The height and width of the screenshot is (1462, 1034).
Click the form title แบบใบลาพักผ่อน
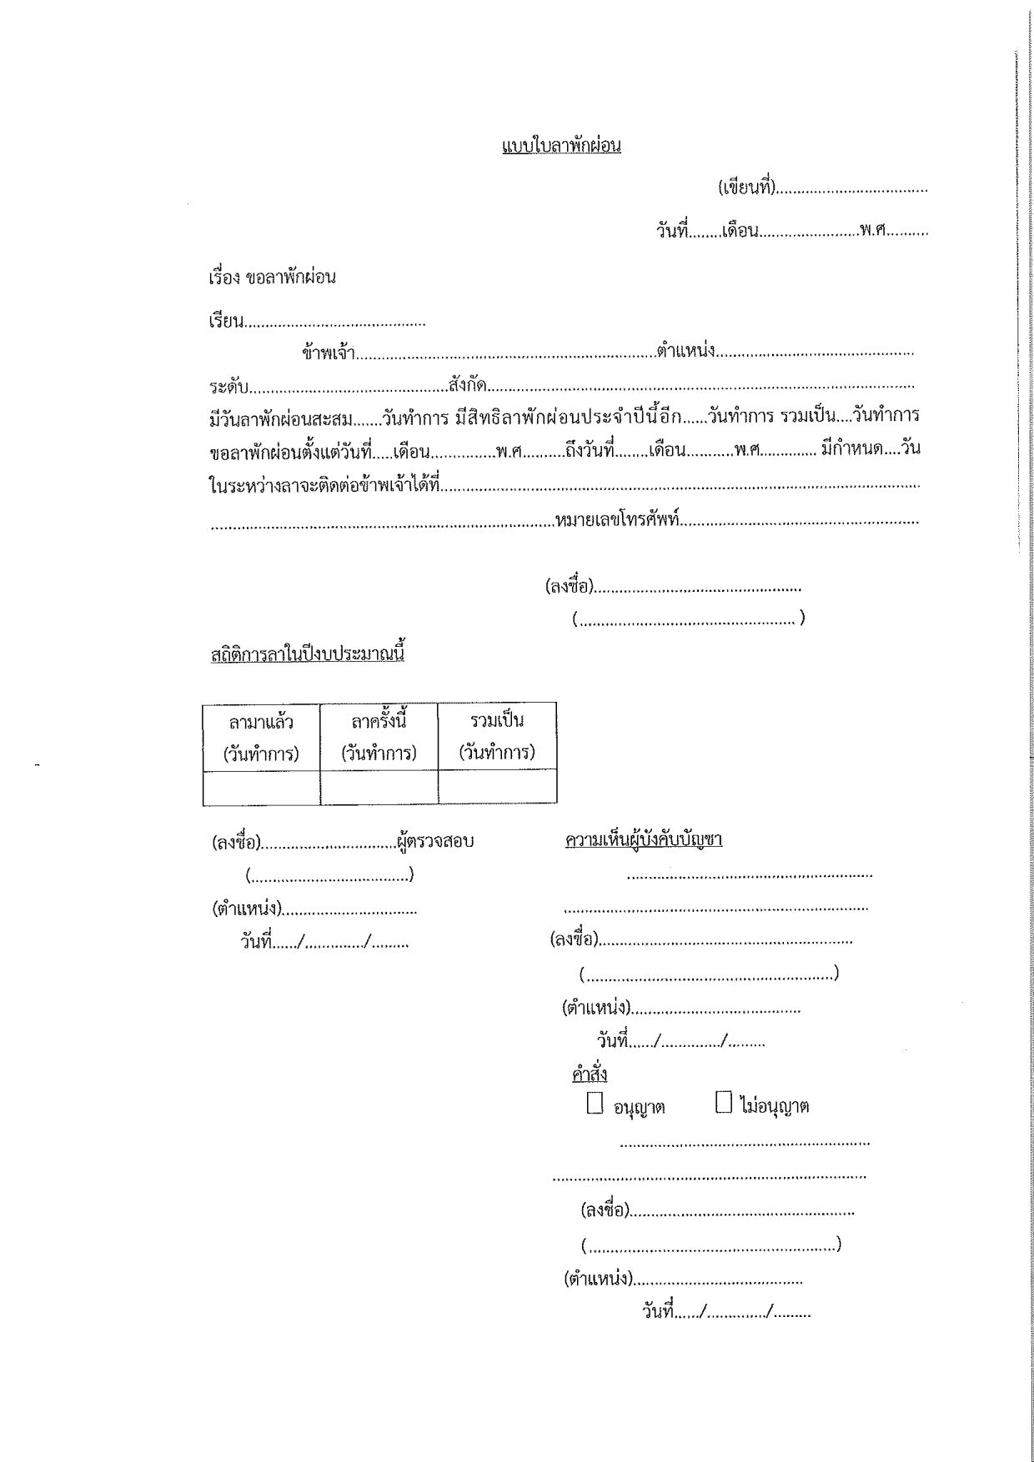point(561,147)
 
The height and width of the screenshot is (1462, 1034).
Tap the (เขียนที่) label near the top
point(747,188)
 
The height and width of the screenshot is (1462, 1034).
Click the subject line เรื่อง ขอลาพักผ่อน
point(272,278)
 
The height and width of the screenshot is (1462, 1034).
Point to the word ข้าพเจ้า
point(329,353)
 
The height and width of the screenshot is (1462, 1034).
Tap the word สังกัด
point(467,386)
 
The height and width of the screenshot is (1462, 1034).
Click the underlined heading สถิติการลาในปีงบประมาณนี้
point(308,653)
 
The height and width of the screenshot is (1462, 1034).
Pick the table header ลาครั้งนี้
point(379,720)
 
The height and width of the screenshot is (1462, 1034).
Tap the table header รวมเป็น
point(497,720)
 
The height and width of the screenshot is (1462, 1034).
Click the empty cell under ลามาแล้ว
point(261,788)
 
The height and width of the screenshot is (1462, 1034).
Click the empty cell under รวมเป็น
point(497,787)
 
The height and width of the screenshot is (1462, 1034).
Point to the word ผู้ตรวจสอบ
point(435,842)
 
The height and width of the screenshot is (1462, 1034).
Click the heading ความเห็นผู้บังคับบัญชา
point(643,839)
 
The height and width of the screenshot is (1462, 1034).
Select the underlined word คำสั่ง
point(590,1074)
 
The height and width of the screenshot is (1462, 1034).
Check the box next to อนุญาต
point(595,1104)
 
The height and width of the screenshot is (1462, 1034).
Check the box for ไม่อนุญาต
point(724,1104)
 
